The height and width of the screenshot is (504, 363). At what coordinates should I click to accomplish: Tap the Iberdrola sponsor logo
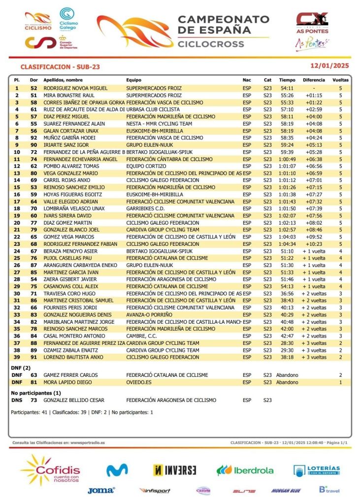[245, 470]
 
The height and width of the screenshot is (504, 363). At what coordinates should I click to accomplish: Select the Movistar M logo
[117, 470]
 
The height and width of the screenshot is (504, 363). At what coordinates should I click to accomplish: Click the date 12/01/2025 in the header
[330, 66]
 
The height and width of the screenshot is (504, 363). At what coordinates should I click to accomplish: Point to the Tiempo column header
[287, 80]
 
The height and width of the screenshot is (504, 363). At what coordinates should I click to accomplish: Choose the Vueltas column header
[340, 80]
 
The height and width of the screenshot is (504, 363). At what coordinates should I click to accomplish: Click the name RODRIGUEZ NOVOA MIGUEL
[75, 88]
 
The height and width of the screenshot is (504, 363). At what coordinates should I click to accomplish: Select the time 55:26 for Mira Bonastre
[287, 95]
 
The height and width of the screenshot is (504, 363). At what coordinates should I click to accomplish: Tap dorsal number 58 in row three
[34, 102]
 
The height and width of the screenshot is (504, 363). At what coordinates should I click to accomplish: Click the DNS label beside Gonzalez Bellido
[17, 401]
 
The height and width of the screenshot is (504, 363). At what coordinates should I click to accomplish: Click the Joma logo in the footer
[101, 490]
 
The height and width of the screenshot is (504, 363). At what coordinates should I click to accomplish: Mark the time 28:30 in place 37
[287, 343]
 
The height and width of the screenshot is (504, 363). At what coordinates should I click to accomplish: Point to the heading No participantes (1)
[35, 393]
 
